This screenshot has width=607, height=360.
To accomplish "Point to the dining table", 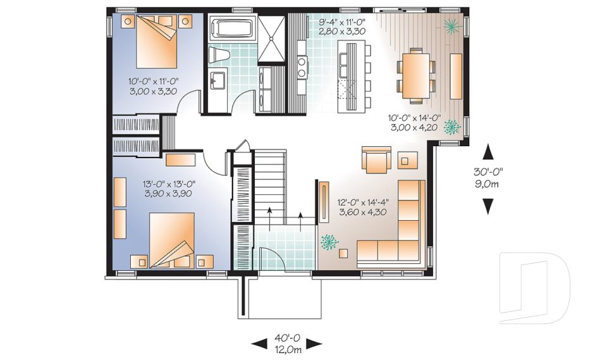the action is point(416,76).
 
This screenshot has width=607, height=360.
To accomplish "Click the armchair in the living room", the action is point(376,159).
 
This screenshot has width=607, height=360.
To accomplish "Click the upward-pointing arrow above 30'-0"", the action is point(489,151).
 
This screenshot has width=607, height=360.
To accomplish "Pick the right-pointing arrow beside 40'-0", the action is point(314,343).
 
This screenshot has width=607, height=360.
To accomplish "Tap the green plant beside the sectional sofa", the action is point(329,242).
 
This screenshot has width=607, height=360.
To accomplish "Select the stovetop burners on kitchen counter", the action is point(301,66).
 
